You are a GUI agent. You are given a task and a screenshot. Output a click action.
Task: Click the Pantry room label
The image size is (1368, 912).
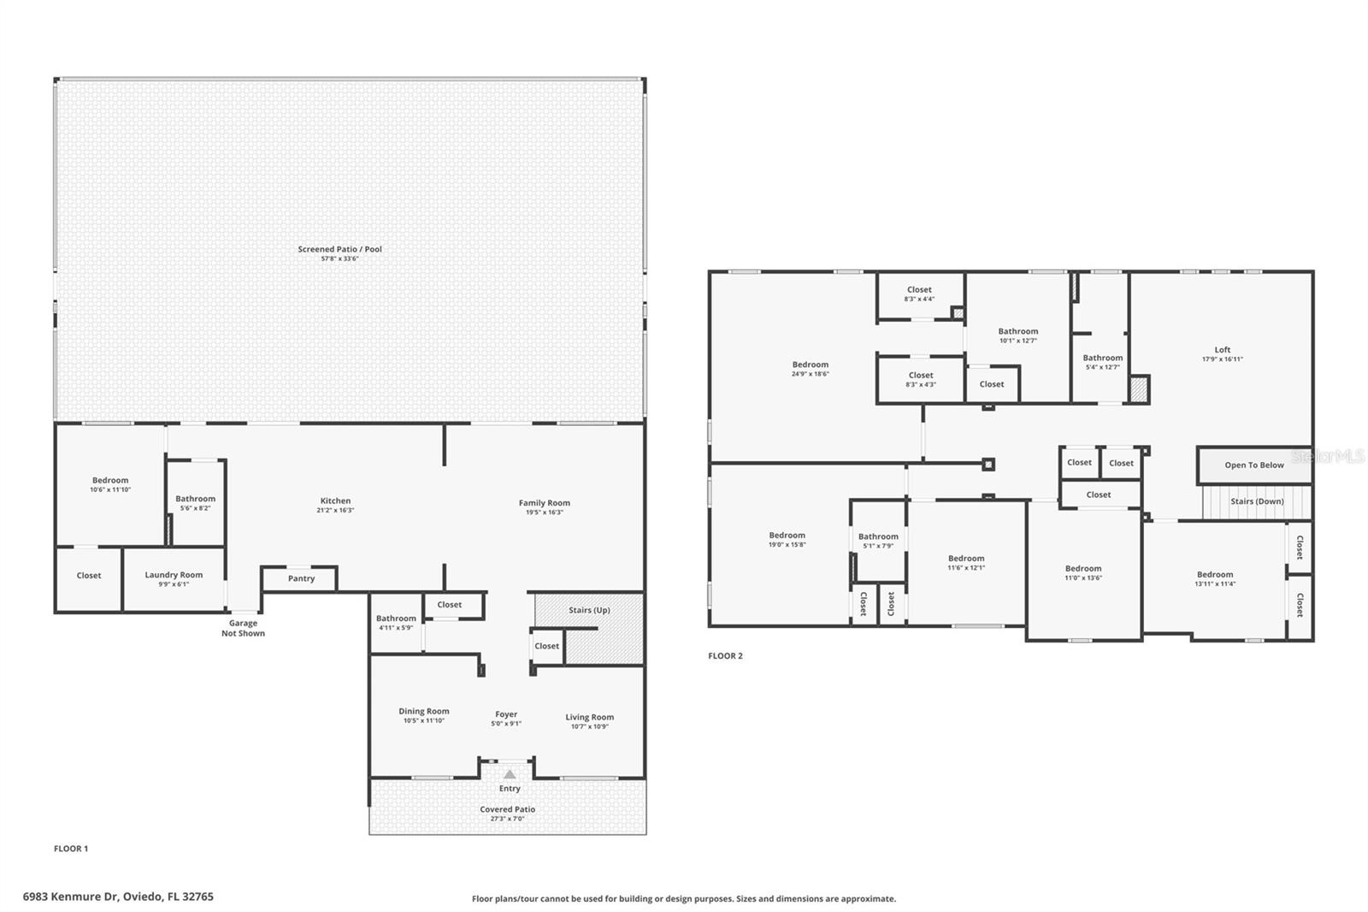point(301,578)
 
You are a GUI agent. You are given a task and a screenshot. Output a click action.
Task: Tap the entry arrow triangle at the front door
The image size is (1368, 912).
point(510,774)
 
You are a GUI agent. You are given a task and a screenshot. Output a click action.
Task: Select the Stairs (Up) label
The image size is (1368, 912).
point(589,610)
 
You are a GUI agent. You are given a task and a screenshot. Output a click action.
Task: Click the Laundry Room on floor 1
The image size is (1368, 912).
point(174,579)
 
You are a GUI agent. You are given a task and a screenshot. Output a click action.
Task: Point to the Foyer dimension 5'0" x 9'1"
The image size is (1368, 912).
point(506,724)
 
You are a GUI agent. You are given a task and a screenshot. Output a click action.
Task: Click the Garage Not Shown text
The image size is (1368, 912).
point(243,628)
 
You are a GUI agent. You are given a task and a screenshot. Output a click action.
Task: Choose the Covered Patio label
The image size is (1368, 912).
point(507,809)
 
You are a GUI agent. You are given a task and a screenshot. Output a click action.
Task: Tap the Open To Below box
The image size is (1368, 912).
point(1253,465)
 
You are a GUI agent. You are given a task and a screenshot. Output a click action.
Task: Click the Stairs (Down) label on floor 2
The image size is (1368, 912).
point(1257,501)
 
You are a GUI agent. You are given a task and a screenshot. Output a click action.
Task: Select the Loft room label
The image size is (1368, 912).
point(1223,349)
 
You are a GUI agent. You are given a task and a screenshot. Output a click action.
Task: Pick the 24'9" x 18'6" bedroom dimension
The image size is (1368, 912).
point(810,374)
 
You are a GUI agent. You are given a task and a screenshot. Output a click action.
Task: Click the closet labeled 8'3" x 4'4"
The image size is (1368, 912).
point(919,294)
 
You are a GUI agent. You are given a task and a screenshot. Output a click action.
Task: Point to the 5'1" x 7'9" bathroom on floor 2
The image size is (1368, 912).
point(878,542)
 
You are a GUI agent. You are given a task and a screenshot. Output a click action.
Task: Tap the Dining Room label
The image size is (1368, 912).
point(423,711)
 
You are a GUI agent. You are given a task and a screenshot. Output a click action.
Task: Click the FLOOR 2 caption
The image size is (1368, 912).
point(725,656)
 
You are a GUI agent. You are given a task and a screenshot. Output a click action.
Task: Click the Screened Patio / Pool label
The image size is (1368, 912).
point(339,249)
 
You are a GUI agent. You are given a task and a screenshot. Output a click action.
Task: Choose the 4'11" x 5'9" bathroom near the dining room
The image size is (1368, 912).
point(396,623)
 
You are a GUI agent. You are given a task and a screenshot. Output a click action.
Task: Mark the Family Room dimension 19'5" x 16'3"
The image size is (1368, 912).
point(544,512)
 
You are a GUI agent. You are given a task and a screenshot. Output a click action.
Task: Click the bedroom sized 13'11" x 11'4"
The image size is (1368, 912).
point(1214,579)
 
